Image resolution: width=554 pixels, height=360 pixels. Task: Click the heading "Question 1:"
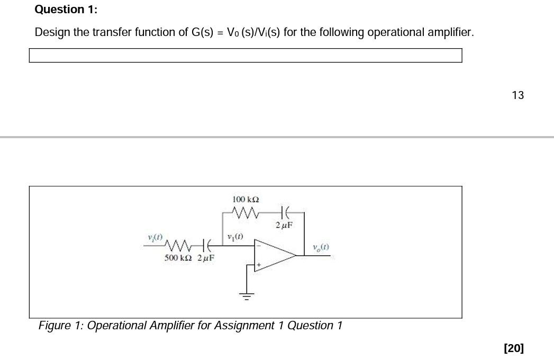click(66, 10)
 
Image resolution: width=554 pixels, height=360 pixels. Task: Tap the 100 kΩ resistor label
click(246, 200)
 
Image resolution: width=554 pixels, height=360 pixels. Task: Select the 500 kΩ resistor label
click(178, 258)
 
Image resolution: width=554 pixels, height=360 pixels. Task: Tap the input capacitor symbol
click(209, 245)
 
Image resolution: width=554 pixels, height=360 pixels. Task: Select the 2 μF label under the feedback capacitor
click(284, 225)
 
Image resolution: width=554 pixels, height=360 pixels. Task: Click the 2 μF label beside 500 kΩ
click(205, 258)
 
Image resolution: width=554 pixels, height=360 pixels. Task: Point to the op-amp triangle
click(274, 256)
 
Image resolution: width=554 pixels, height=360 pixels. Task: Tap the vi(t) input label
click(156, 236)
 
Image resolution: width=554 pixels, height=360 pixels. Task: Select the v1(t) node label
click(234, 236)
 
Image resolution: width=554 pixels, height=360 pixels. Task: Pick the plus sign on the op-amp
click(259, 264)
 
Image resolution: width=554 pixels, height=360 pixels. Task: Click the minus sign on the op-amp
click(259, 247)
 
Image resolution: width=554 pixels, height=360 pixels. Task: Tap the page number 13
click(517, 95)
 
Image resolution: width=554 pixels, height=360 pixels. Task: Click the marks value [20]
click(514, 348)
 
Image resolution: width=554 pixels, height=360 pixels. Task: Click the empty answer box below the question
click(245, 56)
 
